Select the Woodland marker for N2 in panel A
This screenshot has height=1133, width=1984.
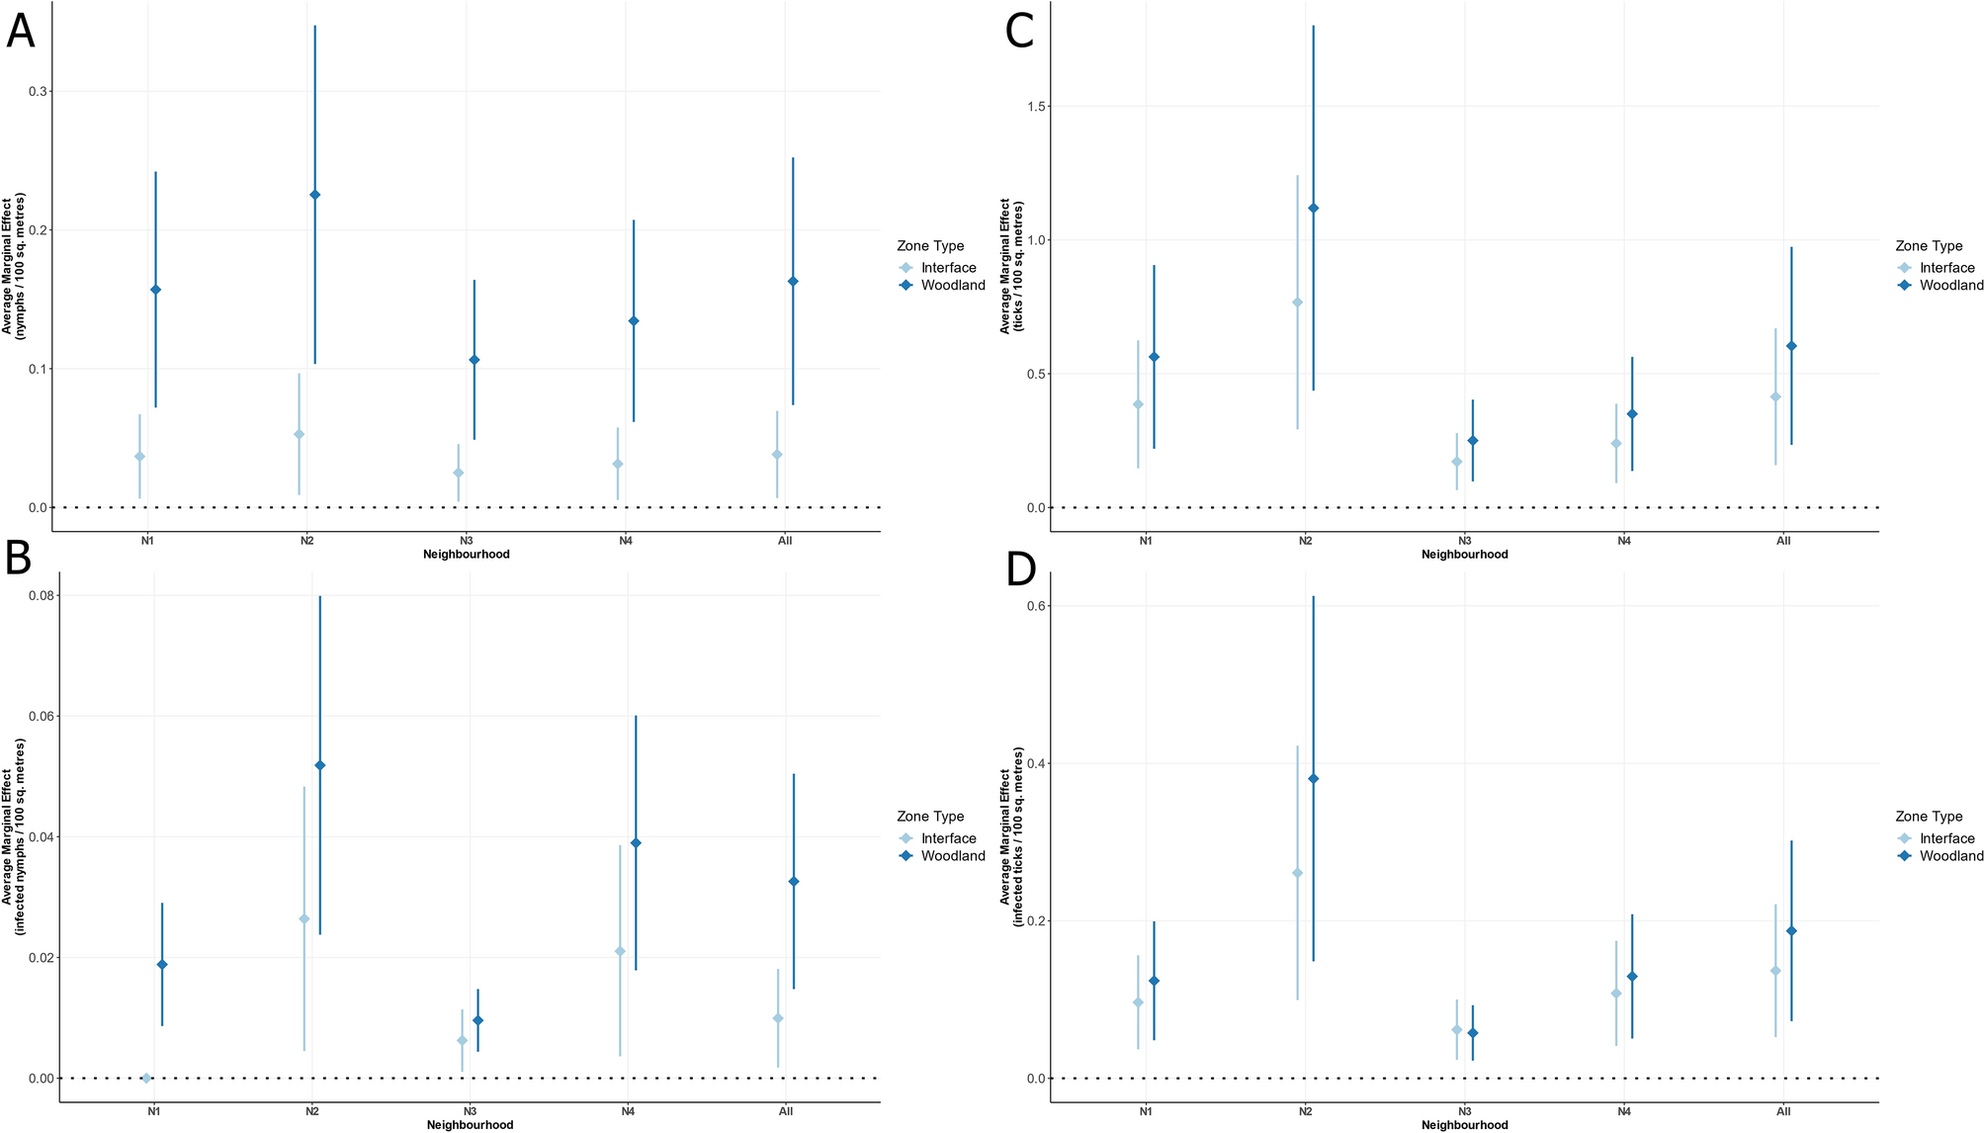pos(315,195)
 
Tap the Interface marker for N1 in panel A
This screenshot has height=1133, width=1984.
pos(139,457)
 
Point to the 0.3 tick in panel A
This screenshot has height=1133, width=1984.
pos(38,91)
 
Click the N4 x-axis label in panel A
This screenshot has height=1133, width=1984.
pos(626,541)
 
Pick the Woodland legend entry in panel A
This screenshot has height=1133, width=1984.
pos(952,286)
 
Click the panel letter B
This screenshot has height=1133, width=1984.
pos(19,560)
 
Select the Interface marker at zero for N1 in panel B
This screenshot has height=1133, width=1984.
pos(146,1078)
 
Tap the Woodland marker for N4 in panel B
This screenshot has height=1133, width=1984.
pos(636,843)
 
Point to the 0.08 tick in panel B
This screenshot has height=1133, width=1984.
pos(42,595)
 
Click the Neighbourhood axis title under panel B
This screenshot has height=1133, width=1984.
pos(470,1125)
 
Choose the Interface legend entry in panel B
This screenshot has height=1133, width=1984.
pos(948,838)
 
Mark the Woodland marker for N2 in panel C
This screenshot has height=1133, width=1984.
pos(1314,209)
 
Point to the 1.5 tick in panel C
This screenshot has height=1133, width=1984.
pos(1036,106)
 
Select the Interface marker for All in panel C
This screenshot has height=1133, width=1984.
pos(1775,397)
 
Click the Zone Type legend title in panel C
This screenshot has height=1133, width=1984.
pos(1929,246)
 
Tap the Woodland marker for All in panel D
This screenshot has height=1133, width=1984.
pos(1791,931)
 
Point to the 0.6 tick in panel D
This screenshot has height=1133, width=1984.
pos(1036,605)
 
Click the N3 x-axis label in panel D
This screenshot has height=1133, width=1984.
pos(1464,1111)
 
